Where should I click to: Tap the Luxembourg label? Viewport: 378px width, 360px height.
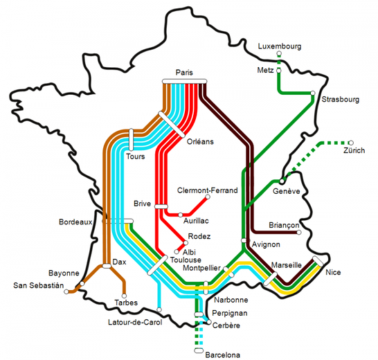[x=280, y=46]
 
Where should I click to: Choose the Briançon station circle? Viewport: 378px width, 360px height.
[x=299, y=233]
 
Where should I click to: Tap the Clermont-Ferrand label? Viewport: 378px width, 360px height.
[x=207, y=190]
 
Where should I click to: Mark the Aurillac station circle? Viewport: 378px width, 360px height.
[x=181, y=214]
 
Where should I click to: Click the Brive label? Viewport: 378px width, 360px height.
[x=142, y=204]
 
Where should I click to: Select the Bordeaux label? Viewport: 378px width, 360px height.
[x=76, y=222]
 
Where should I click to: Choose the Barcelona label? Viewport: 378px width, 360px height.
[x=223, y=354]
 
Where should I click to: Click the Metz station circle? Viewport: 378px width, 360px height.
[x=278, y=71]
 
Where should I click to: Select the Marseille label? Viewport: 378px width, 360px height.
[x=287, y=264]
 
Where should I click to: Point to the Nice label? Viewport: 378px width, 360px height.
[x=333, y=272]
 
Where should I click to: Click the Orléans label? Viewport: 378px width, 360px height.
[x=200, y=141]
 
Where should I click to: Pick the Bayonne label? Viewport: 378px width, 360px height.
[x=64, y=273]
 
